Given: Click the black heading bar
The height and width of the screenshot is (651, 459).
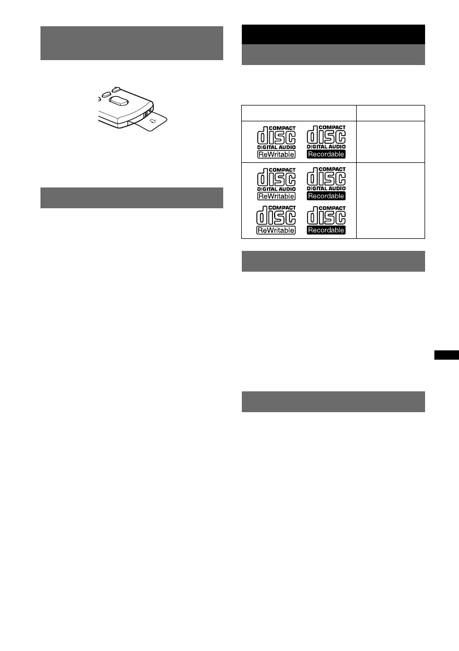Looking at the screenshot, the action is (333, 34).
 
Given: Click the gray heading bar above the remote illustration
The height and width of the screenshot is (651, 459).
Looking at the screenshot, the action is (132, 43).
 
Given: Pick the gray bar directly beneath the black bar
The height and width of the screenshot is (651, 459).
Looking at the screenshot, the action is (333, 55).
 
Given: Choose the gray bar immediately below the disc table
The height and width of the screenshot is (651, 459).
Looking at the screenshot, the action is (333, 261).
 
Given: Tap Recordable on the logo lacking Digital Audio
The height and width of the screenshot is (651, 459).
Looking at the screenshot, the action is (326, 231).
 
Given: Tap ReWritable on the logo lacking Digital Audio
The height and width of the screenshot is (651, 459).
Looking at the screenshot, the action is (276, 231).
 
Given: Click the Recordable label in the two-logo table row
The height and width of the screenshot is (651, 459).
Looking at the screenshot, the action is (326, 154).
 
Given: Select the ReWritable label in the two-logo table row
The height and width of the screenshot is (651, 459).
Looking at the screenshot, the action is (276, 154).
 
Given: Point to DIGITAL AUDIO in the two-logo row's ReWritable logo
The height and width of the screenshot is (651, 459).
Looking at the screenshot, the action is (276, 148).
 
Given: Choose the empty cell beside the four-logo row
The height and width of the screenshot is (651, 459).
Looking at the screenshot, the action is (391, 200).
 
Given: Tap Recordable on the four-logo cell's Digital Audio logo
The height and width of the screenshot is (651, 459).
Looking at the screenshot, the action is (326, 196).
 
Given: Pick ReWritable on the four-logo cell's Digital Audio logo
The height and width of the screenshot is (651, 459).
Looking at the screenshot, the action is (276, 196).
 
